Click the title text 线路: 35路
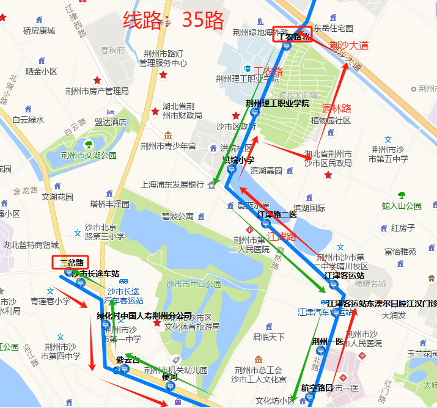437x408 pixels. tap(174, 20)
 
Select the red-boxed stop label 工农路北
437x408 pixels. tap(293, 36)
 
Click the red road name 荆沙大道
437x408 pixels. tap(348, 46)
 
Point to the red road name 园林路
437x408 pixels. tap(337, 109)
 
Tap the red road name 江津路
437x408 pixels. tap(282, 236)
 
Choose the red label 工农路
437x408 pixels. tap(269, 71)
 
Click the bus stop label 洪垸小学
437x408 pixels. tap(238, 160)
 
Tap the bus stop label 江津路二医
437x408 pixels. tap(276, 214)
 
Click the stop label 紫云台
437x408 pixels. tap(128, 360)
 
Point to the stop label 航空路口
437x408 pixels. tap(317, 388)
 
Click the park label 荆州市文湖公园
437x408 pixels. tap(89, 155)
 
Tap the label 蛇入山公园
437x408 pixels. tap(402, 206)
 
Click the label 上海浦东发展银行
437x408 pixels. tap(172, 184)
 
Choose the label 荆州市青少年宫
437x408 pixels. tap(168, 146)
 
